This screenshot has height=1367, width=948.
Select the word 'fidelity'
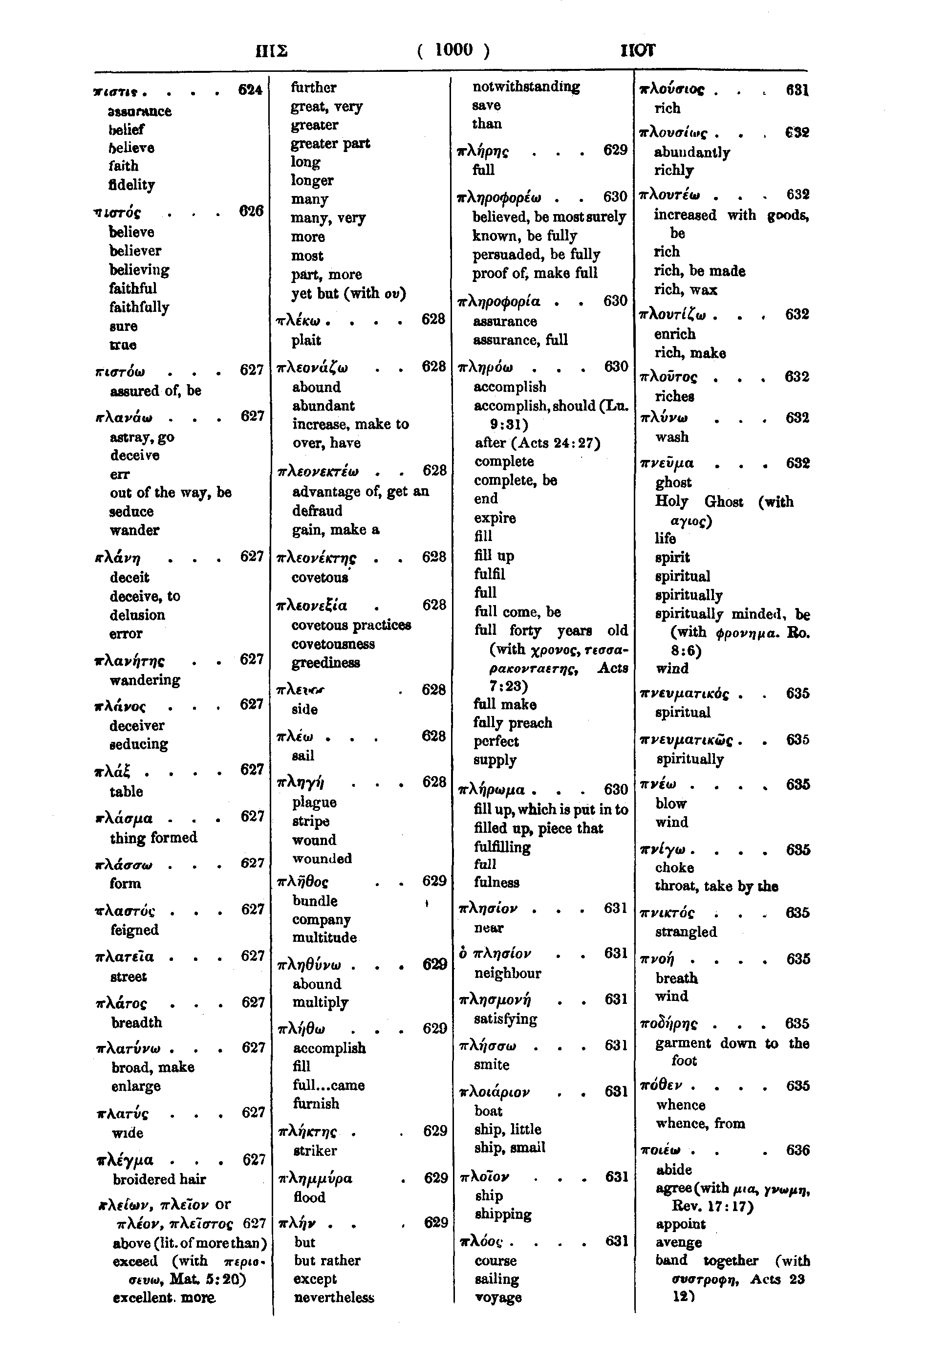point(131,185)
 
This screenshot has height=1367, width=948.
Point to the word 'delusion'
point(137,615)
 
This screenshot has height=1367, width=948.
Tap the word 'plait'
point(306,341)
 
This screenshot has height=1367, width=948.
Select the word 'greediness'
point(325,662)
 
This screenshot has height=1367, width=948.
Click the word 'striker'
point(315,1150)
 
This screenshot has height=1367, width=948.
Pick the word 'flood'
point(309,1197)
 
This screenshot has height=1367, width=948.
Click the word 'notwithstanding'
point(526,87)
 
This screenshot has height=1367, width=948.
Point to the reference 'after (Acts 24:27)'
point(537,443)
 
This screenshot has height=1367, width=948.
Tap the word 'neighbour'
point(507,974)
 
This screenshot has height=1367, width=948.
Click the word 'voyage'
point(498,1298)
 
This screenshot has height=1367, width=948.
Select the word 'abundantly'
point(691,152)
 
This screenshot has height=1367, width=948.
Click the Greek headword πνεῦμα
point(667,463)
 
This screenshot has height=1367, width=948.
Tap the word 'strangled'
point(686,932)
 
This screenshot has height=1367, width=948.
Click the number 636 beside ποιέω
point(797,1150)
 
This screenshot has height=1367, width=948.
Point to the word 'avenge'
point(678,1242)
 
